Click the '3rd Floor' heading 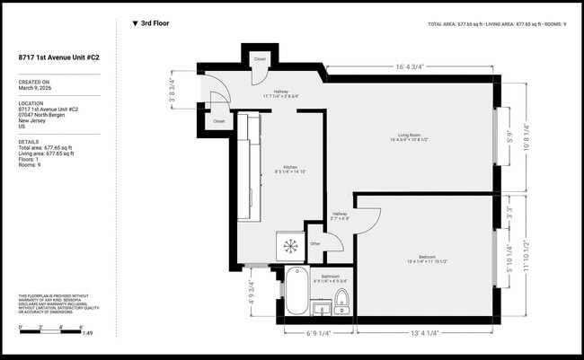coord(155,23)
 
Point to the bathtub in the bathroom coord(296,293)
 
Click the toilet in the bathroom coord(341,300)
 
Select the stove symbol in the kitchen coord(290,245)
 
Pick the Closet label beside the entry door coord(218,120)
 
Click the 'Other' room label coord(315,242)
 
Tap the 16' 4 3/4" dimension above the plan coord(409,66)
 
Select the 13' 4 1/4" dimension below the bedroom coord(424,333)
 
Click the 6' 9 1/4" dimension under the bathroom coord(320,333)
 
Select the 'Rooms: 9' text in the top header coord(552,24)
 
